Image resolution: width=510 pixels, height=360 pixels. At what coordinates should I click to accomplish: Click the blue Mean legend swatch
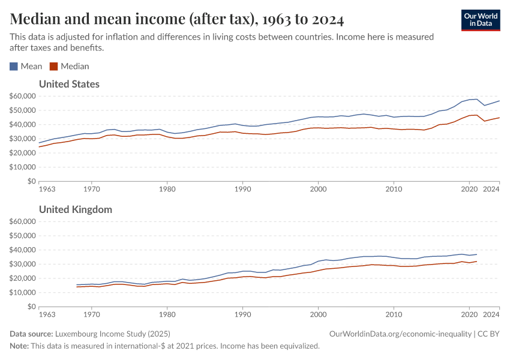14,67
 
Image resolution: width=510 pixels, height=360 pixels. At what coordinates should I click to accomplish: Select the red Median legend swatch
54,67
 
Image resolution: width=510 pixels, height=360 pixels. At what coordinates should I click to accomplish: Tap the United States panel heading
69,84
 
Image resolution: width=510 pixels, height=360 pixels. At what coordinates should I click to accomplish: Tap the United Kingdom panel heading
75,209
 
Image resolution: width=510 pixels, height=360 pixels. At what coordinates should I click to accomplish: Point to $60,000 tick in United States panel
22,96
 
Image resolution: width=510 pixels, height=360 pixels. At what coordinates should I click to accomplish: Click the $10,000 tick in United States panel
22,167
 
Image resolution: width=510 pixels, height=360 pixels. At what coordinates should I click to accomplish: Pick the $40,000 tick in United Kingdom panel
22,250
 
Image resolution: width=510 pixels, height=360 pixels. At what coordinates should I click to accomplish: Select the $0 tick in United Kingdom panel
30,307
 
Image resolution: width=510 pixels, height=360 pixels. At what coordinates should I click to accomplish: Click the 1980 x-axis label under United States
167,189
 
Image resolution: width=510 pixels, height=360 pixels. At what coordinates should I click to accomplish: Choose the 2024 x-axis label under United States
491,189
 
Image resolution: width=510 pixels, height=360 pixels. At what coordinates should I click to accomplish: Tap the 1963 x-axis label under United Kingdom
47,314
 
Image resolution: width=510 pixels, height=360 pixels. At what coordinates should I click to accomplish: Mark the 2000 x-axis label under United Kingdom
318,314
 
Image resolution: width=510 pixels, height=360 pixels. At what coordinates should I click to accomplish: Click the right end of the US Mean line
499,101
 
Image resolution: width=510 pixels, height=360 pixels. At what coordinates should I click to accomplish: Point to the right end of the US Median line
499,118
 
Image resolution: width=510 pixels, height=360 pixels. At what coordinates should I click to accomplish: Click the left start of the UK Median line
77,287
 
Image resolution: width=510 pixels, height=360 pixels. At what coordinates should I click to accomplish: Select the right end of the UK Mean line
476,254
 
